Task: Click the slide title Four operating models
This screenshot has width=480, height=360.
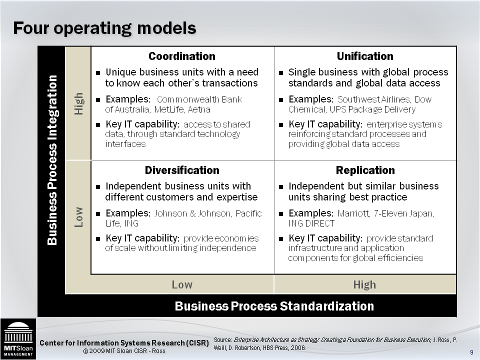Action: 104,28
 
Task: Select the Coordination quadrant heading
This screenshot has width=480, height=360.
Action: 182,56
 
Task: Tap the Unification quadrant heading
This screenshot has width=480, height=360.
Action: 365,56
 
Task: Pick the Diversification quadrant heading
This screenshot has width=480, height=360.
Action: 182,170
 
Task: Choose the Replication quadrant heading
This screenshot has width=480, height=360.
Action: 365,170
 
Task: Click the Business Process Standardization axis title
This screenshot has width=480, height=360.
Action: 274,306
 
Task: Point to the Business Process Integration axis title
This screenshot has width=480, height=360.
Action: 52,160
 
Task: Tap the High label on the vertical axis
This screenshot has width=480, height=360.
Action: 78,103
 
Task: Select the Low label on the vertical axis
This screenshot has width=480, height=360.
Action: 78,216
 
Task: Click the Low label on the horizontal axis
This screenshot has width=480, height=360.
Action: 182,284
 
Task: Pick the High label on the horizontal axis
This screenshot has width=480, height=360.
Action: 364,284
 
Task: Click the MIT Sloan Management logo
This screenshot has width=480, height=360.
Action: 18,338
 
